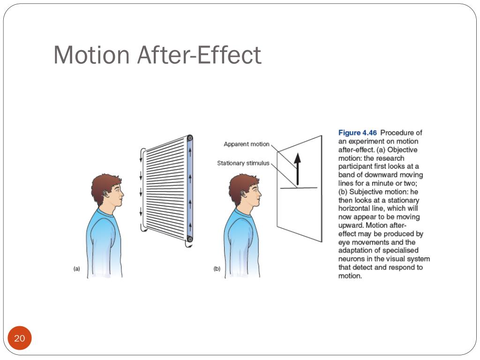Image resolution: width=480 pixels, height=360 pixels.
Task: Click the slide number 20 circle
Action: (x=20, y=338)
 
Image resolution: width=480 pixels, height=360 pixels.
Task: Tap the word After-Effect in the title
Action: (x=199, y=55)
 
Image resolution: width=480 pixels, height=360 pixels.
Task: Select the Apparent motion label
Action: (x=247, y=144)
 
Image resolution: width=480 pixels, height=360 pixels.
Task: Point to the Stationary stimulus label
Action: (x=243, y=163)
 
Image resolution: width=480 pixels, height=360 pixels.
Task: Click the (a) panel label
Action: (x=77, y=269)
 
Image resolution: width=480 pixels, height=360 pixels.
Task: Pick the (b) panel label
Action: (x=217, y=269)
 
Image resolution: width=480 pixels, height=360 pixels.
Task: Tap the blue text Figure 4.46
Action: (x=358, y=133)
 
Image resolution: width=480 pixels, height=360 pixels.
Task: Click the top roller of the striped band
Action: (x=190, y=138)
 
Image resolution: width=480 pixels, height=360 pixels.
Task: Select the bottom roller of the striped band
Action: (x=190, y=239)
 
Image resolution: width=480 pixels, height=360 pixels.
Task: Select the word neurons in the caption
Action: (x=353, y=259)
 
